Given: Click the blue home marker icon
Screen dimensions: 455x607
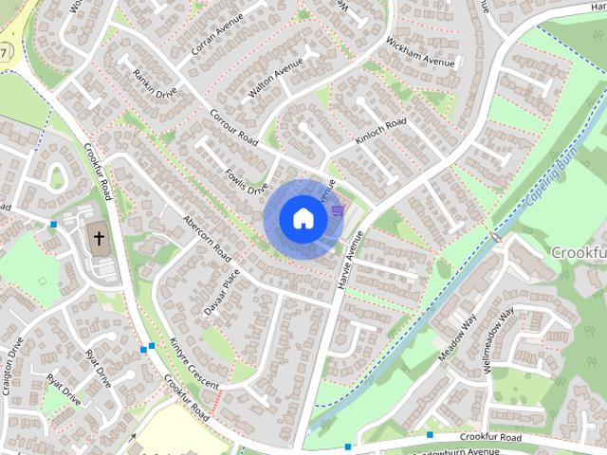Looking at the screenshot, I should point(302,218).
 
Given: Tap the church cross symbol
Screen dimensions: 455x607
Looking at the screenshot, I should point(99,238).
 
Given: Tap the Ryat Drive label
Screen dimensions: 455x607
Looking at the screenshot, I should point(98,366).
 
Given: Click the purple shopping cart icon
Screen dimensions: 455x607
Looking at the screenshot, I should point(339,209).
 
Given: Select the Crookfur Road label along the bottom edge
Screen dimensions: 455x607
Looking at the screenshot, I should point(490,438).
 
